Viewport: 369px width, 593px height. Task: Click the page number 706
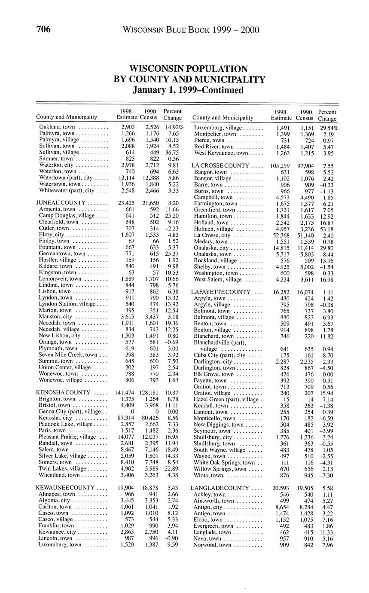tap(43, 29)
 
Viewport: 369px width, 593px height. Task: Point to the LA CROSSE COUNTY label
tap(220, 165)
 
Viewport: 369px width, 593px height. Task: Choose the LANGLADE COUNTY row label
tap(220, 488)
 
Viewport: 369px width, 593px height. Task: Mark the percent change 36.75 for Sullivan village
tap(171, 152)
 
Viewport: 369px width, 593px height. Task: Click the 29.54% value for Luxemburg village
tap(329, 128)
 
